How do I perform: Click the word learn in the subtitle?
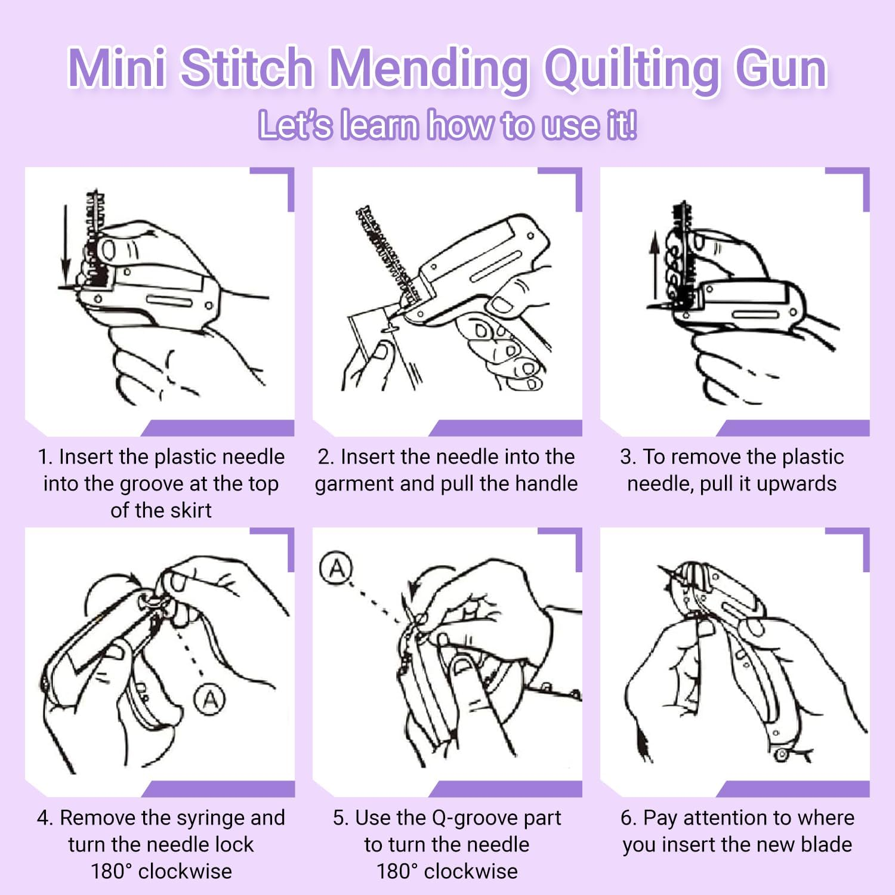(x=379, y=125)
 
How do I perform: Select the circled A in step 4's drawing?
(x=210, y=699)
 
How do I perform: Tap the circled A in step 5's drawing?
(x=337, y=568)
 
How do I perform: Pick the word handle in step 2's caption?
(x=549, y=483)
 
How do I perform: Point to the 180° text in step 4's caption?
(x=111, y=871)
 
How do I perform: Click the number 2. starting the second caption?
(x=326, y=457)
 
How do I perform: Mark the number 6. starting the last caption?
(x=628, y=817)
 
